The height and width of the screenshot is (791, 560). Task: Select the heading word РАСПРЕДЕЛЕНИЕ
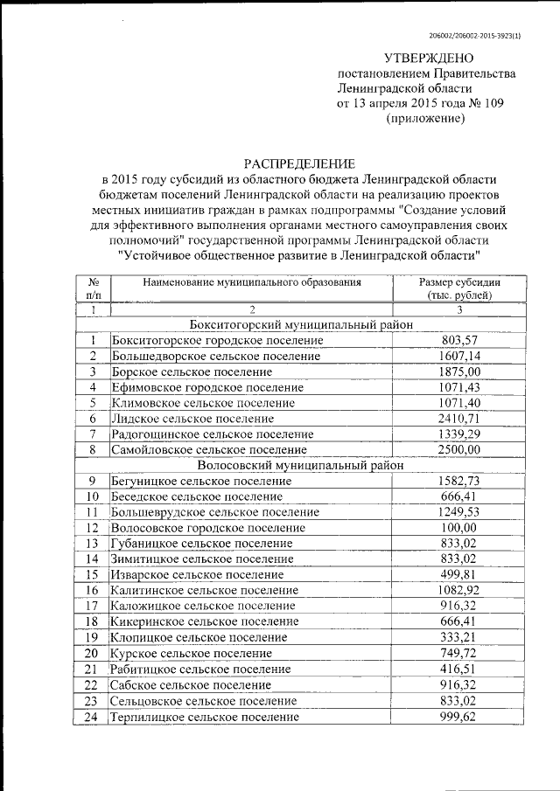[299, 163]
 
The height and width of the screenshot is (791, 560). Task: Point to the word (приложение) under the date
[424, 118]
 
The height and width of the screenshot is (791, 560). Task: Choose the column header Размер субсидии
[459, 282]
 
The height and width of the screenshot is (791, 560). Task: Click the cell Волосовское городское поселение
[208, 528]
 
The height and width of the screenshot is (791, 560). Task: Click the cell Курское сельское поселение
[192, 654]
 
